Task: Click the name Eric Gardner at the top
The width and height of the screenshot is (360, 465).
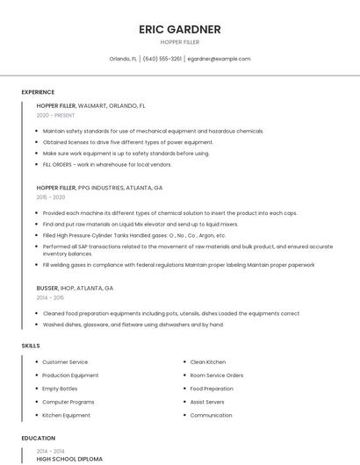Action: [179, 29]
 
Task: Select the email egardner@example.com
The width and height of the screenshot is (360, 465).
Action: [220, 59]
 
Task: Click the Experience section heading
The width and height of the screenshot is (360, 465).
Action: [38, 92]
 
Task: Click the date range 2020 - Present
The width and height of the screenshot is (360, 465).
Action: [55, 115]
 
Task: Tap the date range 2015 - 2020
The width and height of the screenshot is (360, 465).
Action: [51, 197]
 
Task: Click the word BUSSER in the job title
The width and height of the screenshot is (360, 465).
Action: [47, 288]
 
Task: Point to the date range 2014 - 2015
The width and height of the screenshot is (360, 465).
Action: [51, 297]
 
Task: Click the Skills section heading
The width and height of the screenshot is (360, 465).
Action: [31, 346]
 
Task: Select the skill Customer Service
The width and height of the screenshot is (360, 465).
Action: [65, 361]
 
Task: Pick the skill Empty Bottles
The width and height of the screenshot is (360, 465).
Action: [60, 389]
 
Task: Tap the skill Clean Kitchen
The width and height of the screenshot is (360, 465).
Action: [207, 361]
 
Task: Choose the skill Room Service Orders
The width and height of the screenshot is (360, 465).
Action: [216, 375]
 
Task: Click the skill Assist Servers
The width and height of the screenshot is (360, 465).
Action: [207, 402]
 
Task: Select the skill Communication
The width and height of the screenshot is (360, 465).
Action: [211, 415]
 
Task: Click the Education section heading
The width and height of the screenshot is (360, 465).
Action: [38, 438]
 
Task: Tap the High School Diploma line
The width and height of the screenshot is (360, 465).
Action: [69, 459]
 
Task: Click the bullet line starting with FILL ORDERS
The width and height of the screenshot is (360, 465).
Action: [107, 164]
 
